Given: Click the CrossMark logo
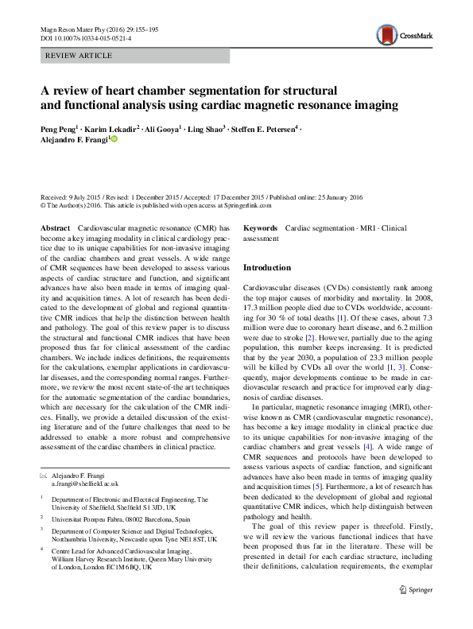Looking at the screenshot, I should coord(404,33).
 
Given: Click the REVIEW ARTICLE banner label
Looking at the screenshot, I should coord(79,56).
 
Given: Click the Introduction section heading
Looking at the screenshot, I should coord(267,268).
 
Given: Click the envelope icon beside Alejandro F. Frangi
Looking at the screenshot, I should coord(44,475).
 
